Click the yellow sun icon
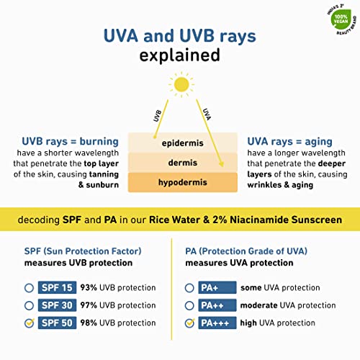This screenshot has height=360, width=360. tap(181, 84)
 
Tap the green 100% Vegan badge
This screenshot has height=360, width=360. tap(341, 19)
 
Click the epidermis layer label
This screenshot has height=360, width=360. tap(182, 143)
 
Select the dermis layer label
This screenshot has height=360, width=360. tap(183, 163)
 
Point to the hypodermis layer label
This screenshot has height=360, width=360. tap(183, 182)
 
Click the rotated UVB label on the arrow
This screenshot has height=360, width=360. tap(157, 115)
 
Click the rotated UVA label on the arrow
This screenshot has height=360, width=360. tap(207, 114)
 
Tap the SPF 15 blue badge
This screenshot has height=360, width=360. tap(57, 287)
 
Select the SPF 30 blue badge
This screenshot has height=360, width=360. tap(57, 305)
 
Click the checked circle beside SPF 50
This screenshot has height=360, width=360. tap(30, 323)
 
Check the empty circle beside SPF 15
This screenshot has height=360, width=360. tap(29, 288)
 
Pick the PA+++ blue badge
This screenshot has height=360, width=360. tap(217, 323)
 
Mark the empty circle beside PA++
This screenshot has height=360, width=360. tap(189, 305)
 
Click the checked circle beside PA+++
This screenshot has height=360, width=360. tap(189, 323)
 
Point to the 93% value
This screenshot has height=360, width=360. tap(89, 287)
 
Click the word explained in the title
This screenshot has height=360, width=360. tap(179, 55)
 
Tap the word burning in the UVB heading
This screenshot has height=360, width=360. tap(99, 142)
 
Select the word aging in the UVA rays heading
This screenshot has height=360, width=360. tap(318, 142)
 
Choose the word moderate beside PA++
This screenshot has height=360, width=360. tap(259, 305)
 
